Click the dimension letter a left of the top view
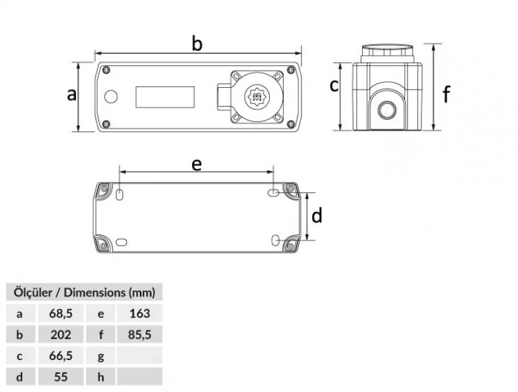point(72,95)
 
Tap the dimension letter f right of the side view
point(446,95)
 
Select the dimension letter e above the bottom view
point(197,164)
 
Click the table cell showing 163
point(139,313)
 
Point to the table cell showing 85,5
point(139,334)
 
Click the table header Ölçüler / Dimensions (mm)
point(84,292)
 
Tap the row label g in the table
point(100,356)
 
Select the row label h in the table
point(100,377)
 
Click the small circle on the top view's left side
point(111,97)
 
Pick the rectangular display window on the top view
point(165,97)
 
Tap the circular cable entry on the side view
point(386,111)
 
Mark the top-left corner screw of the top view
point(107,70)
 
